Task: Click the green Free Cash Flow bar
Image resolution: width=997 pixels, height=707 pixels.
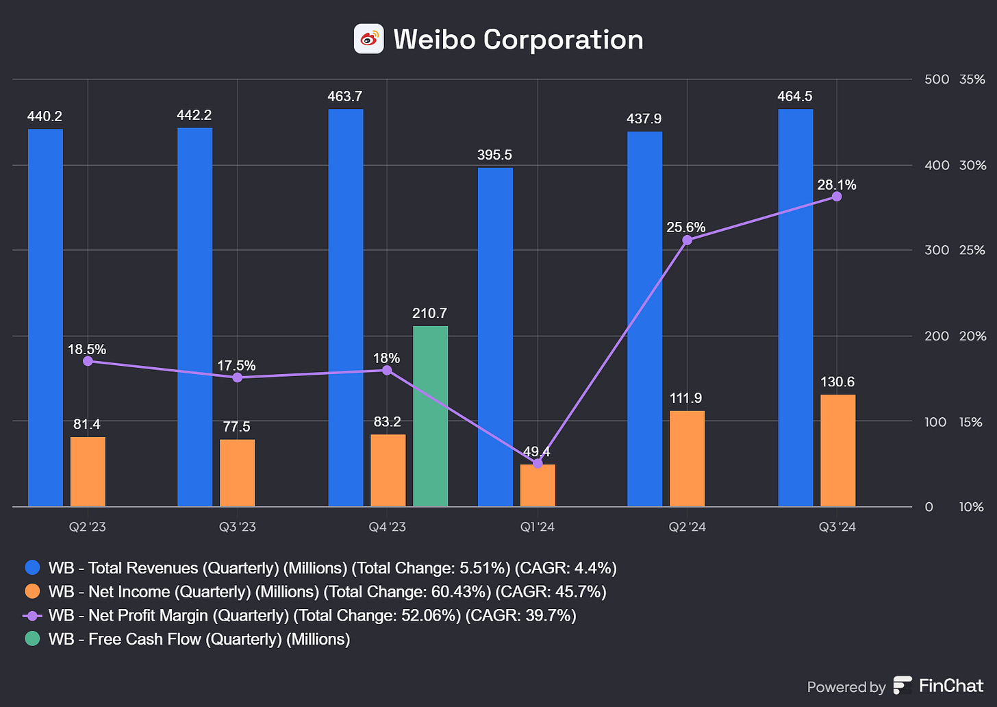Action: (x=430, y=417)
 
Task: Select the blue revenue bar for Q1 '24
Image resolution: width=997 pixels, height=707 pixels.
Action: (x=494, y=337)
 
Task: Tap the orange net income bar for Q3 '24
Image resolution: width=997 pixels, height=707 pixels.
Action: (x=837, y=450)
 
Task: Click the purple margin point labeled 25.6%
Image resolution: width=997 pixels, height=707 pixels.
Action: (x=687, y=240)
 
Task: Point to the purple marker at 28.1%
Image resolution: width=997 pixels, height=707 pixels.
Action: (x=837, y=197)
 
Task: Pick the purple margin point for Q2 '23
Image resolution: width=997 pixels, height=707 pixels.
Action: (x=88, y=361)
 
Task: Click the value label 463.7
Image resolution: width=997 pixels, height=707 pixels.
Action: (x=344, y=97)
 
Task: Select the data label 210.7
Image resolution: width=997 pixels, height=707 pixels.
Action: (x=429, y=313)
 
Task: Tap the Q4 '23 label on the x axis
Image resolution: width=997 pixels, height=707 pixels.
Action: (x=387, y=527)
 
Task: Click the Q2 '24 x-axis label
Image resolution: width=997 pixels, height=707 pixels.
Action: (x=687, y=527)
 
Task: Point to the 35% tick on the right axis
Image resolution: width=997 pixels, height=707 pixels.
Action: (x=972, y=79)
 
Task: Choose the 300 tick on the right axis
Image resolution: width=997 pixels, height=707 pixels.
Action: (x=936, y=250)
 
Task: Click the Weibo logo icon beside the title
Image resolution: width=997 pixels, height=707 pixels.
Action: (x=368, y=39)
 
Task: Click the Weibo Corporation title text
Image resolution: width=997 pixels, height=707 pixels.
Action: (x=518, y=39)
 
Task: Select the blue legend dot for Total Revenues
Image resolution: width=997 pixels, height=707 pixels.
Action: (x=32, y=568)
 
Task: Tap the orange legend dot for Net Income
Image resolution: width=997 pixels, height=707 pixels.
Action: (x=32, y=592)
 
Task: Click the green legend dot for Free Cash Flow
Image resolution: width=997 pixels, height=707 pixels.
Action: (x=32, y=639)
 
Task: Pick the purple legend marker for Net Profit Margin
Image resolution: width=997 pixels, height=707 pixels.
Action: (x=32, y=615)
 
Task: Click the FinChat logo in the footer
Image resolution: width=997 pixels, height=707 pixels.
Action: (x=903, y=685)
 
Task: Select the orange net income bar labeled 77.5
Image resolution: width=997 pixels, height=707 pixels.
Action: (x=237, y=473)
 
